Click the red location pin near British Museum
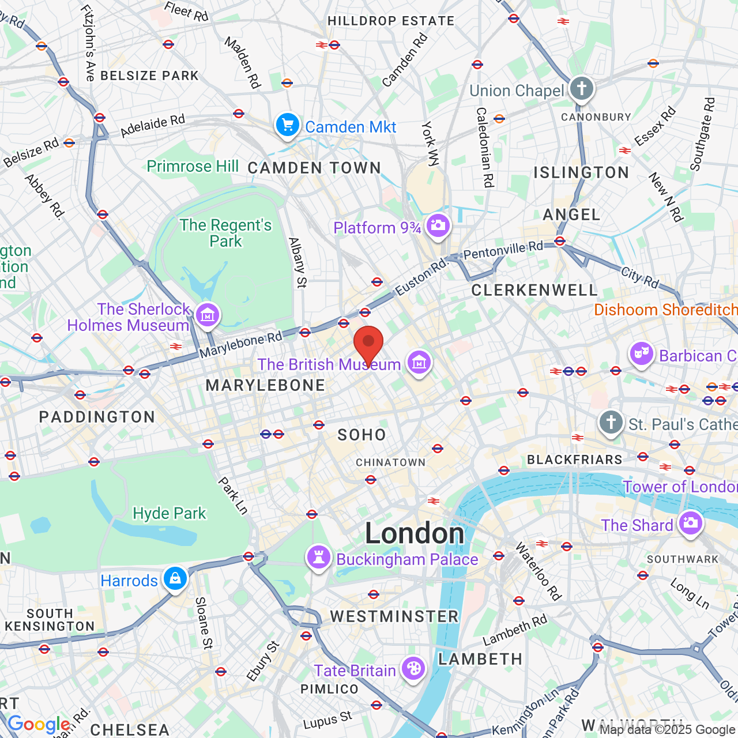tap(368, 343)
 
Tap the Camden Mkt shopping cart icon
tap(287, 125)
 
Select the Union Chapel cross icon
tap(581, 89)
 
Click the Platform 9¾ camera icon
tap(438, 225)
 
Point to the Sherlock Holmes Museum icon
tap(207, 315)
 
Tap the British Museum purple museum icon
tap(419, 363)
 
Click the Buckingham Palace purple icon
tap(318, 558)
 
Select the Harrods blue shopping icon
tap(175, 579)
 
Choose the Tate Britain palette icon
tap(413, 669)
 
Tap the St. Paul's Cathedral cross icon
tap(611, 423)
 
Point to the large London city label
tap(415, 533)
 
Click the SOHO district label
tap(362, 435)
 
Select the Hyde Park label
tap(169, 513)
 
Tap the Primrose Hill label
tap(193, 166)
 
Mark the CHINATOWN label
tap(390, 462)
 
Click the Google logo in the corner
tap(39, 724)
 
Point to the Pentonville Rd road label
tap(503, 250)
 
